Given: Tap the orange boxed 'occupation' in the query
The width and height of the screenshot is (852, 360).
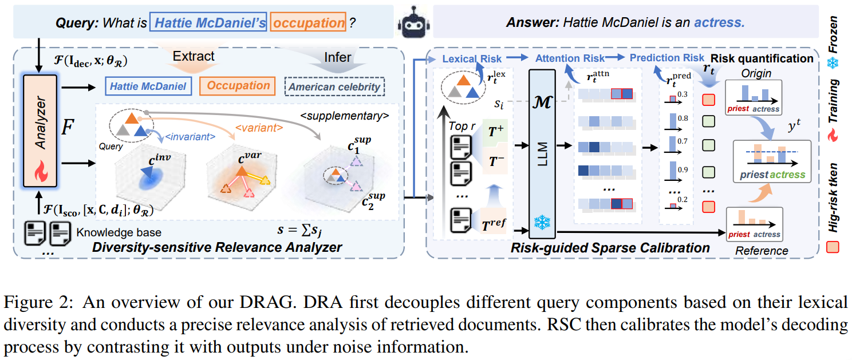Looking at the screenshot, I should click(308, 23).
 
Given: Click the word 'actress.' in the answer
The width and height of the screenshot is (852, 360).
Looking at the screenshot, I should click(720, 23).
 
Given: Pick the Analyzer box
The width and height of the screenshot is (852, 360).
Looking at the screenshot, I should click(41, 130).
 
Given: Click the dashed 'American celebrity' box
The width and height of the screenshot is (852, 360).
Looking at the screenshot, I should click(335, 87).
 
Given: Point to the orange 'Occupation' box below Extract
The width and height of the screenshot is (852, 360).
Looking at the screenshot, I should click(238, 86).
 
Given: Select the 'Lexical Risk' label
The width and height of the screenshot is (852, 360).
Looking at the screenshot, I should click(472, 58).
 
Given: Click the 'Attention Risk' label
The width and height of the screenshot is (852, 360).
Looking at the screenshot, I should click(570, 58).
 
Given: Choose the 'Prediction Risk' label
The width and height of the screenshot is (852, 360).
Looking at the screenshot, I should click(666, 58).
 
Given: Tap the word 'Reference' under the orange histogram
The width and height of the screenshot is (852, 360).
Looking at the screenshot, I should click(762, 251).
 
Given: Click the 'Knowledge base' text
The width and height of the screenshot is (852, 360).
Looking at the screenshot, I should click(119, 232).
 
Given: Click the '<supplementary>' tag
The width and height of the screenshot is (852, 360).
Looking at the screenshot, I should click(344, 116).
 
